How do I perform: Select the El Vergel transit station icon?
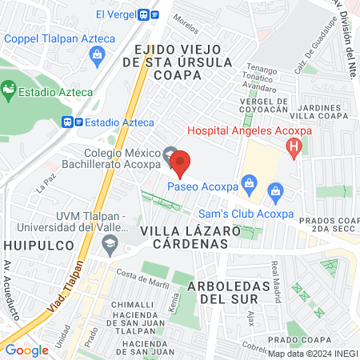pos(144,14)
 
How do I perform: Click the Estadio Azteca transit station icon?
pos(70,122)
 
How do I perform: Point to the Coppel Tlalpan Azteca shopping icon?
pos(98,54)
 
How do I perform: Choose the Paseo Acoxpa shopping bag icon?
pos(250,183)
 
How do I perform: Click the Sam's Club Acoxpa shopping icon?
pos(276,190)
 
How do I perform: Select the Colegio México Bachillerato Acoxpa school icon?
pos(169,153)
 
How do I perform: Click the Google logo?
pos(27,349)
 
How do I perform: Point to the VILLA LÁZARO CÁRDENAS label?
pos(190,237)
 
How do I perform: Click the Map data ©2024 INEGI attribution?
pos(311,353)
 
